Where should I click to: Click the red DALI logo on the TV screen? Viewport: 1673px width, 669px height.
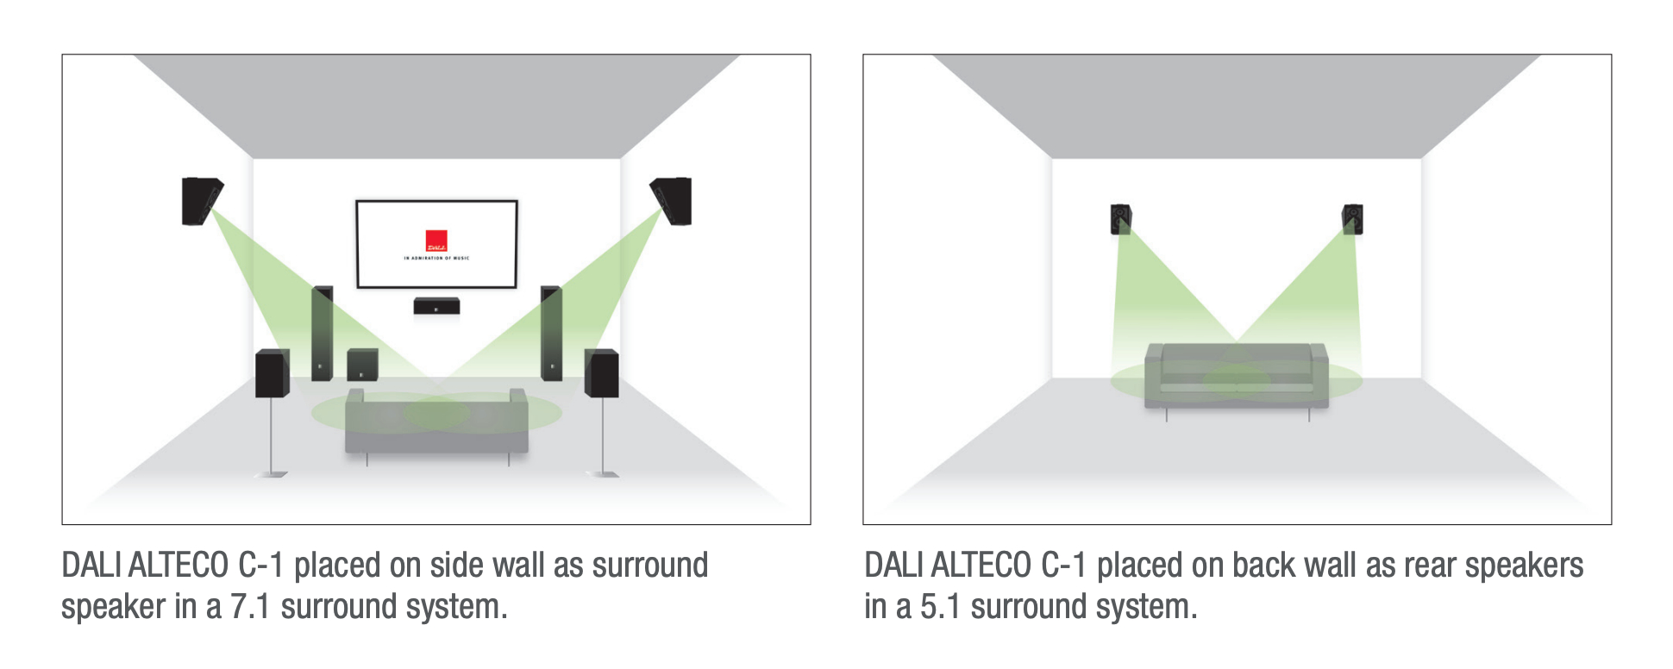coord(436,241)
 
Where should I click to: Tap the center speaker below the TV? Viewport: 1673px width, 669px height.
coord(436,305)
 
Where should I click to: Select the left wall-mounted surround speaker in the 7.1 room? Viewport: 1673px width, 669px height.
coord(202,201)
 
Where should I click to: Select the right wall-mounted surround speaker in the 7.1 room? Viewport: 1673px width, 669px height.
coord(672,201)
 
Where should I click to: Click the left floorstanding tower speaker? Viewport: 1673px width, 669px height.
coord(323,333)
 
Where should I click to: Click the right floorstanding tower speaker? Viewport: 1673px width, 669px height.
coord(551,333)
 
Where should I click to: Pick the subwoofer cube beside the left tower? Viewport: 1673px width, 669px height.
coord(362,365)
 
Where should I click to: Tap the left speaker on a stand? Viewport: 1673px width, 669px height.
coord(272,373)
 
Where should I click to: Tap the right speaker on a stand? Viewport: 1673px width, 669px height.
coord(601,373)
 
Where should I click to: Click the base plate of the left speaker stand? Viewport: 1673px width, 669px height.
coord(272,473)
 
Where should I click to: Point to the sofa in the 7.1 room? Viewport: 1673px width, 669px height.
coord(436,422)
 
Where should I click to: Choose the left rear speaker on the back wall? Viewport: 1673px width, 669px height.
coord(1120,219)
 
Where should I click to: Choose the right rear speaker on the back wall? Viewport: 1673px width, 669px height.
coord(1352,219)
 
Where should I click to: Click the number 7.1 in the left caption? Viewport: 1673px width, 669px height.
coord(250,607)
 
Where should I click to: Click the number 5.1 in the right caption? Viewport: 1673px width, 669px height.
coord(940,607)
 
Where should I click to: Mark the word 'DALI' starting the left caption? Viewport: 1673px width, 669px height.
coord(91,566)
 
